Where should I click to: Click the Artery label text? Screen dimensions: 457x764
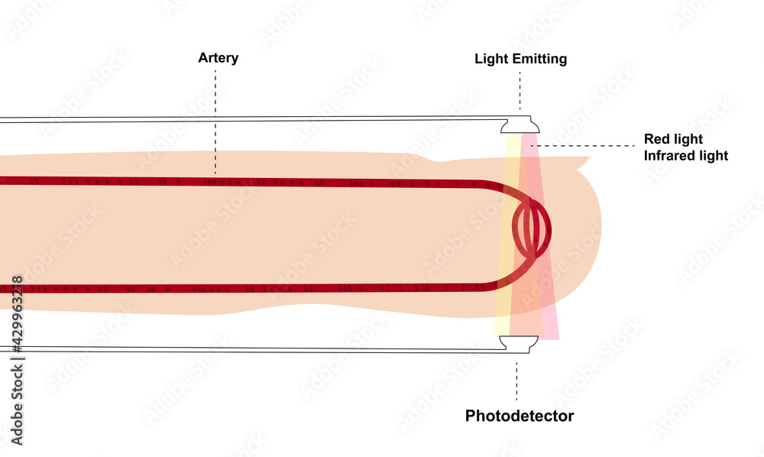(218, 58)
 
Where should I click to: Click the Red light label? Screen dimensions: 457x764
(673, 139)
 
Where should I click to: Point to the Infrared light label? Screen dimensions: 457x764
(686, 156)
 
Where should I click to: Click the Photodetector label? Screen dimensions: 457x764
(520, 416)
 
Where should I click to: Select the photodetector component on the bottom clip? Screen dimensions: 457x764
(517, 345)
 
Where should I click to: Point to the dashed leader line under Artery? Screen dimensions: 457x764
(215, 122)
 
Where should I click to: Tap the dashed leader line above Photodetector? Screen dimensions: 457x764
(517, 381)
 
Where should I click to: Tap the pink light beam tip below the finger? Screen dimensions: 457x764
(551, 329)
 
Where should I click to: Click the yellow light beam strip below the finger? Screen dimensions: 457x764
(502, 325)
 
